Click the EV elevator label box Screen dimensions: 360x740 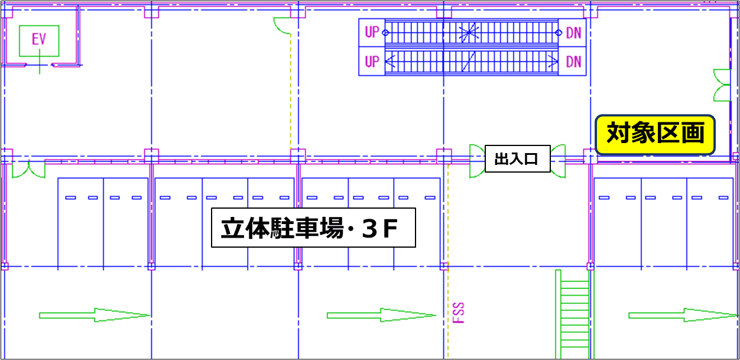click(39, 40)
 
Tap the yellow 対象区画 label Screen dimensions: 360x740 click(655, 134)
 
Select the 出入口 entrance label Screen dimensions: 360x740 click(517, 159)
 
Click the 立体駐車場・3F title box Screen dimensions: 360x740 click(313, 228)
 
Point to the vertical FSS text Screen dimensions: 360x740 click(459, 313)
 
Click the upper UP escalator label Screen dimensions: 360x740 click(372, 32)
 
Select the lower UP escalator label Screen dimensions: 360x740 click(372, 61)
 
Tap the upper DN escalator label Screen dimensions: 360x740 click(573, 33)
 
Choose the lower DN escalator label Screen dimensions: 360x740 click(573, 61)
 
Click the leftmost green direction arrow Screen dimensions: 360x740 click(95, 315)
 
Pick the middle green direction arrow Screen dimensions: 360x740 click(382, 315)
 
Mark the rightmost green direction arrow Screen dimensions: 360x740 click(683, 315)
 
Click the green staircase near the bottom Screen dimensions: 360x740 click(573, 313)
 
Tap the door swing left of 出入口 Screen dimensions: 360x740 click(477, 160)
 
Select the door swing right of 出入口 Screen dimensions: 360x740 click(558, 160)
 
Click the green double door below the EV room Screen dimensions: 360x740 click(28, 169)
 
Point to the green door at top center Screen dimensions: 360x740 click(283, 25)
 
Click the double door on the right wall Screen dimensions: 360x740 click(722, 85)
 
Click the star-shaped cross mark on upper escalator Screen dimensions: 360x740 click(470, 32)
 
